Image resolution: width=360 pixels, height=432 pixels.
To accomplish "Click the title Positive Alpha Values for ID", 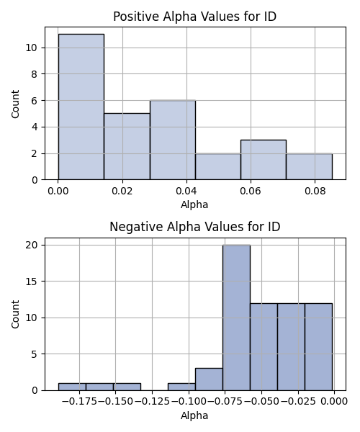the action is tap(194, 17).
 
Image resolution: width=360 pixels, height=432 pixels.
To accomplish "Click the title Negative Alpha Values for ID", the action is tap(194, 227).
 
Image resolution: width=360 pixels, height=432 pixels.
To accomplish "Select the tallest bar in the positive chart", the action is tap(81, 107).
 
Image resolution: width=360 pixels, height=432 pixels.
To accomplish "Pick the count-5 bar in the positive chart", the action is tap(127, 147).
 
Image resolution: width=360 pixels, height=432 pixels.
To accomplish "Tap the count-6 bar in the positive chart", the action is tap(173, 140).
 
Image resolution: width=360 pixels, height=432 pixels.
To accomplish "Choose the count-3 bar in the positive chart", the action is tap(264, 160).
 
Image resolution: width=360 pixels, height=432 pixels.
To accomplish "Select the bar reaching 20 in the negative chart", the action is tap(236, 318).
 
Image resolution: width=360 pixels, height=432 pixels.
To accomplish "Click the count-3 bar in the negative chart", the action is tap(209, 379).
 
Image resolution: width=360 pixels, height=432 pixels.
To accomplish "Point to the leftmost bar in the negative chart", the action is tap(72, 387).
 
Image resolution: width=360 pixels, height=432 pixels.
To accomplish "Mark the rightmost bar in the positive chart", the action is tap(310, 166).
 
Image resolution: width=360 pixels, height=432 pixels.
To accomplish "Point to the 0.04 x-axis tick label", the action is tap(186, 191).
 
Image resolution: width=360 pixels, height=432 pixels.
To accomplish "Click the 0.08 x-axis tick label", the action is tap(315, 191).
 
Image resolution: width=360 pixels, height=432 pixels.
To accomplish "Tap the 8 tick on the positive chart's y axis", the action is tap(34, 74).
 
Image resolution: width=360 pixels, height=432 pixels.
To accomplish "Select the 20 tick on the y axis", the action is tap(32, 245).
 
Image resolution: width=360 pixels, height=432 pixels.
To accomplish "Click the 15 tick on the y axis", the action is tap(32, 282).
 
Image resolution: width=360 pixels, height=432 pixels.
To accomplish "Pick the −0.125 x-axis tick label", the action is tap(152, 402).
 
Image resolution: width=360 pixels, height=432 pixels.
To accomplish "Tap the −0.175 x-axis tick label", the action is tap(79, 402).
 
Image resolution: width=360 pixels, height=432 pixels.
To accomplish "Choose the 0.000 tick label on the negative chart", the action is tap(334, 402).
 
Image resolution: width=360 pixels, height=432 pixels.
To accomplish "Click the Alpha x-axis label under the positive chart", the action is tap(194, 204).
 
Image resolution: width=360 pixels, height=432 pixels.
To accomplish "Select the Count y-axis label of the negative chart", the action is tap(15, 314).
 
